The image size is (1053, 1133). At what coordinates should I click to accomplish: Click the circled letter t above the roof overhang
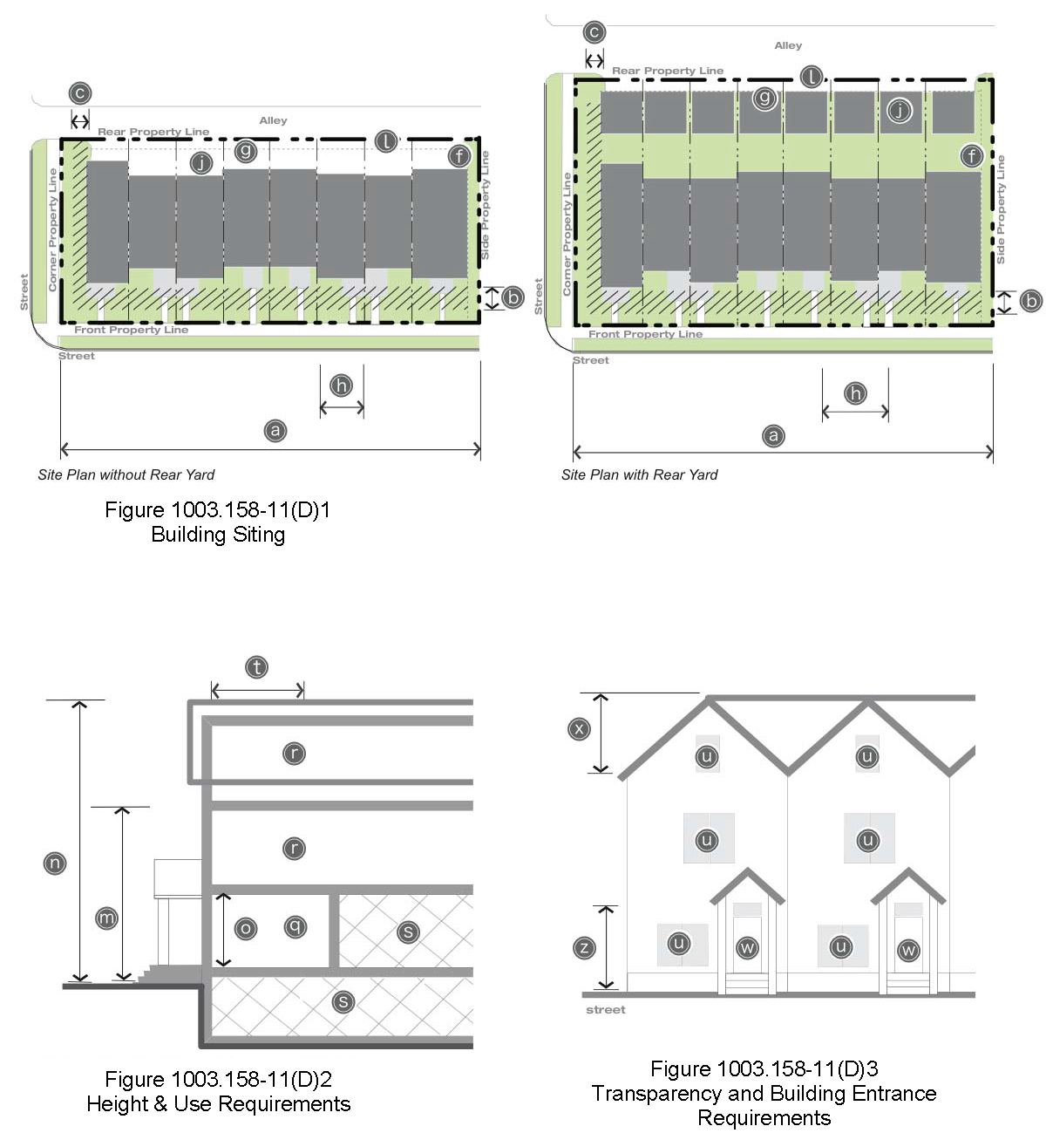[x=256, y=667]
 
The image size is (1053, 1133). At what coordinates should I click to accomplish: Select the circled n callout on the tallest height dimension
[x=55, y=863]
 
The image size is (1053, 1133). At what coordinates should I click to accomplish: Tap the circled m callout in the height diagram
[x=106, y=918]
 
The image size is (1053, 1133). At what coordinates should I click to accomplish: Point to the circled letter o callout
[x=246, y=929]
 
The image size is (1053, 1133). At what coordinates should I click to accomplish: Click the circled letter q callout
[x=296, y=926]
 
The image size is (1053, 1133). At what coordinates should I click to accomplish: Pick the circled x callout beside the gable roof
[x=579, y=728]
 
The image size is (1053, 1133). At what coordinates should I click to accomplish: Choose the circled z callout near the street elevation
[x=585, y=948]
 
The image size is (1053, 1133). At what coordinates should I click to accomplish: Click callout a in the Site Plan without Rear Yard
[x=275, y=430]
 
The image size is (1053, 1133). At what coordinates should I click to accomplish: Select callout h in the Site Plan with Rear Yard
[x=855, y=393]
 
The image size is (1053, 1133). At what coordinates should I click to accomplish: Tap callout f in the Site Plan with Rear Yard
[x=972, y=156]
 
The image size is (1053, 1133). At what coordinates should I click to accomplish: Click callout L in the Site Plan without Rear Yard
[x=386, y=140]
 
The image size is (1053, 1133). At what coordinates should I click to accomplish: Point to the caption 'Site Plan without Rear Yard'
[x=126, y=474]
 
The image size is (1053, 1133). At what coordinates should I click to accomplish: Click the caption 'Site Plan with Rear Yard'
[x=639, y=474]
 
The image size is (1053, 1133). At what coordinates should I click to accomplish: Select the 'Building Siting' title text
[x=218, y=534]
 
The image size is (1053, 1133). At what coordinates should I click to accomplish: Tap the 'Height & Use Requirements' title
[x=218, y=1103]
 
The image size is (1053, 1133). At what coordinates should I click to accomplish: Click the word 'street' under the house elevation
[x=606, y=1009]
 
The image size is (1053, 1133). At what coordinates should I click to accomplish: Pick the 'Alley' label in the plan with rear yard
[x=788, y=45]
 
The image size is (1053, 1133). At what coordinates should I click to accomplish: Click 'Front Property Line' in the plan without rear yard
[x=131, y=330]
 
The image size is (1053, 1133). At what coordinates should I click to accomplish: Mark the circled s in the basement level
[x=343, y=1001]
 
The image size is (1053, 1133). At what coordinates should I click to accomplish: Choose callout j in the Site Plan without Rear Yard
[x=201, y=162]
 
